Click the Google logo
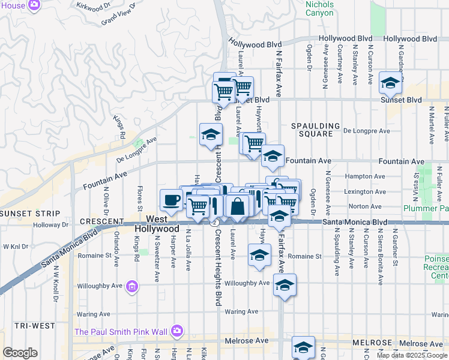click(19, 353)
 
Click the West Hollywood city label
click(157, 224)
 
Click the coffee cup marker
click(171, 200)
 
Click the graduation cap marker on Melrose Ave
click(303, 347)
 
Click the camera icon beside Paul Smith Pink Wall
click(176, 331)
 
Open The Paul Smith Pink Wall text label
click(121, 331)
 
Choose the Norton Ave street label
click(368, 206)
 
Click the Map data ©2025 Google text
click(412, 355)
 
